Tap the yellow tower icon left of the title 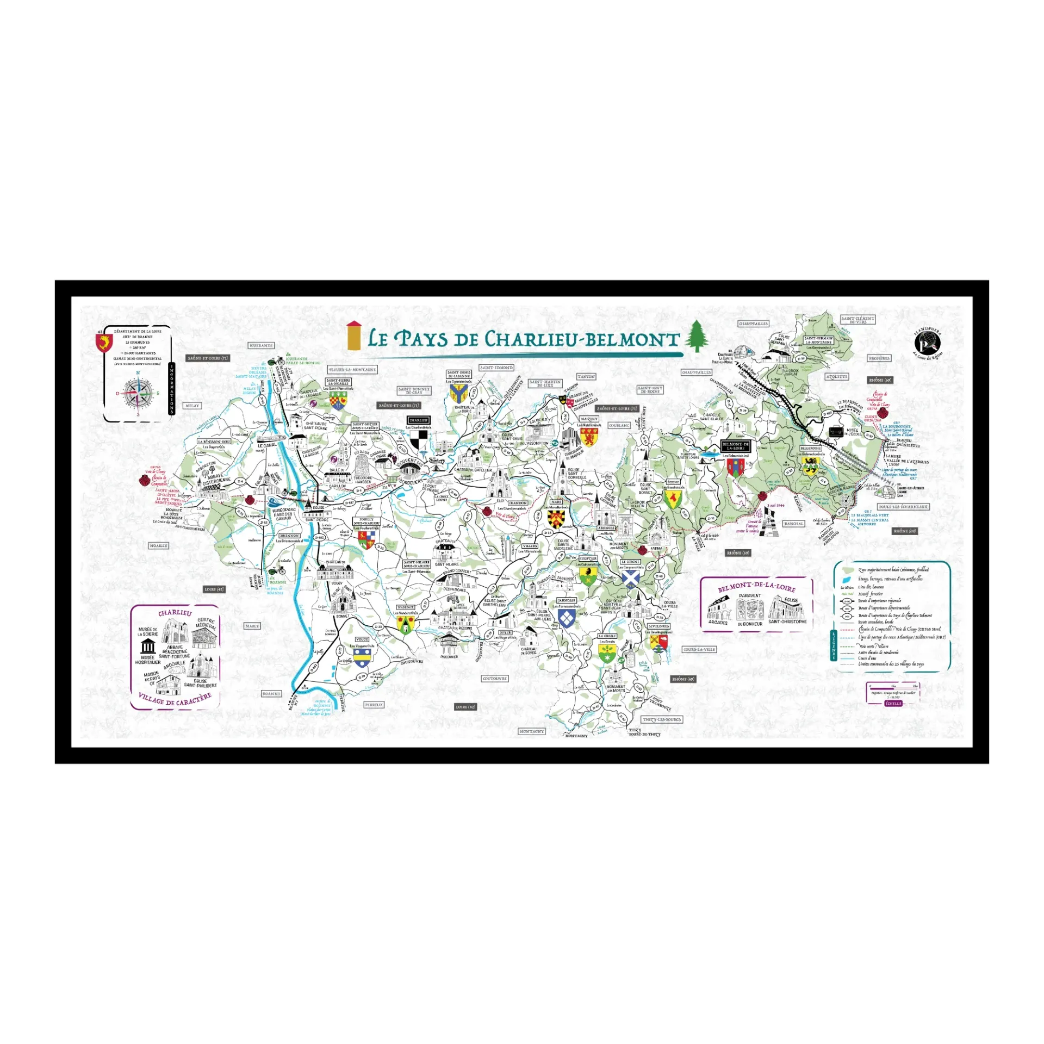click(354, 335)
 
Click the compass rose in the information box click(138, 393)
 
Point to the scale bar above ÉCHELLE click(893, 687)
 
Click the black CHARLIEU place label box click(419, 420)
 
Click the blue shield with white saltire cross click(630, 580)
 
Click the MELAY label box click(192, 406)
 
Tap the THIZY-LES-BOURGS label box click(661, 719)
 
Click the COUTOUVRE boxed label click(495, 679)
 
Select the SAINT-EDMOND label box click(496, 368)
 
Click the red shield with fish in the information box click(103, 343)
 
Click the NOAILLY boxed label click(159, 545)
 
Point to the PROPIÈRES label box click(879, 358)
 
